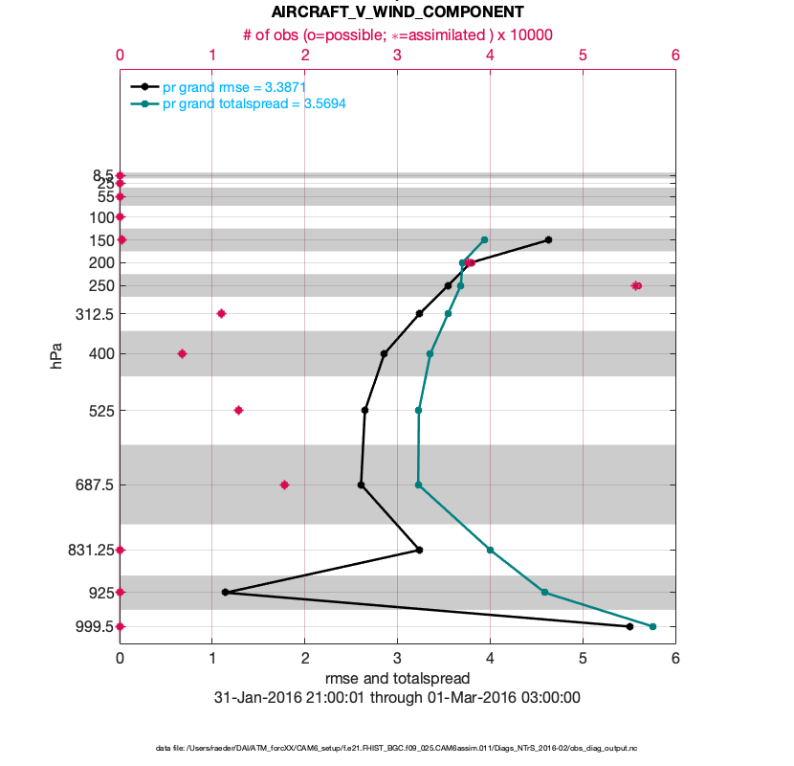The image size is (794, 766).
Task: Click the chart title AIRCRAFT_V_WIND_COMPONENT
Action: pyautogui.click(x=397, y=12)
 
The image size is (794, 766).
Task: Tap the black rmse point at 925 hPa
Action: pyautogui.click(x=225, y=592)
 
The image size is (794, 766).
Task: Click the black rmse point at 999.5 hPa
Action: pyautogui.click(x=629, y=626)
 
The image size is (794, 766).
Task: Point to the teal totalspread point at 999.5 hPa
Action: pyautogui.click(x=652, y=626)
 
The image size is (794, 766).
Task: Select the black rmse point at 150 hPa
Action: pyautogui.click(x=548, y=239)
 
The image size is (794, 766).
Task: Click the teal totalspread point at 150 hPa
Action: pyautogui.click(x=484, y=239)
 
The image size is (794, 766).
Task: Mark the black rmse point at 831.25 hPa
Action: pyautogui.click(x=420, y=550)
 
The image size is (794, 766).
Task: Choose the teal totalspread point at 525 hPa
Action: pyautogui.click(x=418, y=410)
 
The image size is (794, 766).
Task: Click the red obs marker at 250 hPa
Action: pyautogui.click(x=636, y=285)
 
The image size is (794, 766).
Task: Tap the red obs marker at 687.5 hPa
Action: pyautogui.click(x=284, y=484)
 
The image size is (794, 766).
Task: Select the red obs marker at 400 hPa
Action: pyautogui.click(x=182, y=353)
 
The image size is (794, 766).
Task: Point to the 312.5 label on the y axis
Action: pyautogui.click(x=94, y=314)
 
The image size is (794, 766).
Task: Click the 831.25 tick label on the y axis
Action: pyautogui.click(x=89, y=550)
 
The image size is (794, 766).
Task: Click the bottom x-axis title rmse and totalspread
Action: pyautogui.click(x=397, y=678)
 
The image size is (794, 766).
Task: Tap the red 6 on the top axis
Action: pyautogui.click(x=675, y=56)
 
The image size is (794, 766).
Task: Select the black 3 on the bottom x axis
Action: pyautogui.click(x=397, y=658)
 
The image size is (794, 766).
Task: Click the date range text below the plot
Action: pyautogui.click(x=397, y=698)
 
